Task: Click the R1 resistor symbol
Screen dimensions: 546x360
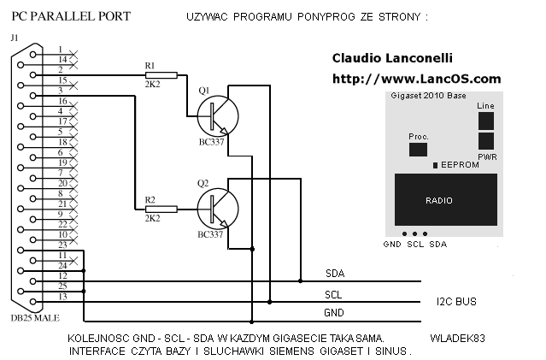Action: (x=161, y=75)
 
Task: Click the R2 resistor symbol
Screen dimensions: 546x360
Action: (x=161, y=210)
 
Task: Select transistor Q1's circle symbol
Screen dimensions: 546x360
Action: (x=218, y=116)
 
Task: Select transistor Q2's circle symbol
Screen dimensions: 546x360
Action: (x=218, y=210)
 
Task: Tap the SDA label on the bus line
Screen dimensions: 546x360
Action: (x=335, y=274)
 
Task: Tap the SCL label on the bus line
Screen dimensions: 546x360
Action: (x=333, y=295)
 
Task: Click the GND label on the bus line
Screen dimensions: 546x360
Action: (x=334, y=313)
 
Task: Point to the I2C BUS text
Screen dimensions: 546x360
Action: (x=456, y=302)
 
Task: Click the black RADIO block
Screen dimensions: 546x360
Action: (x=446, y=200)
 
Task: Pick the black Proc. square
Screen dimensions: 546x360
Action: (x=418, y=150)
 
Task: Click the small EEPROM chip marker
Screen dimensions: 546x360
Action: (x=435, y=165)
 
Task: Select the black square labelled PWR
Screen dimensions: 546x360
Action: (x=485, y=141)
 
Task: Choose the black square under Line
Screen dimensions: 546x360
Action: (x=485, y=121)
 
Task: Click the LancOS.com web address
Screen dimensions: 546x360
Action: (x=417, y=79)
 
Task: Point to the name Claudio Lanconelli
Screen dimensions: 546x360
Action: (x=392, y=58)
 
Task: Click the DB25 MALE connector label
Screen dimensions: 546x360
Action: (x=35, y=318)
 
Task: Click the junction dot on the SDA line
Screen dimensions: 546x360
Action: (x=301, y=280)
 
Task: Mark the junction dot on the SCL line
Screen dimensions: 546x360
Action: (x=269, y=302)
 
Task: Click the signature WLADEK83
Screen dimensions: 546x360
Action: (x=457, y=339)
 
